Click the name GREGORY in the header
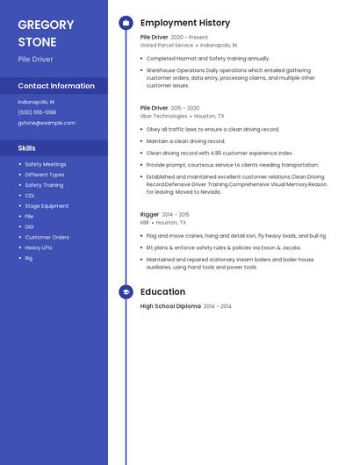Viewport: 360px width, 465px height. pos(46,24)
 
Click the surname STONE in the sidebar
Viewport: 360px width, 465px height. pos(37,42)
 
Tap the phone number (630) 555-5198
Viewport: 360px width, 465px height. pos(37,112)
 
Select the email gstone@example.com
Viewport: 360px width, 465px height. pos(47,123)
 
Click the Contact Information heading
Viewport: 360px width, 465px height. pos(56,86)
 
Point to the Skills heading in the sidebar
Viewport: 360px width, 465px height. pos(26,148)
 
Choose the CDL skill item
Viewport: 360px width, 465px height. pos(30,196)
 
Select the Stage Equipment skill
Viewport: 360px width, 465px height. pos(47,206)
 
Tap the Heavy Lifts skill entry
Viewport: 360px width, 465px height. pos(39,247)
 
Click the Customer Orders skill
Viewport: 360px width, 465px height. pos(47,237)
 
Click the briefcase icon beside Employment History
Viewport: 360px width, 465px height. pos(126,23)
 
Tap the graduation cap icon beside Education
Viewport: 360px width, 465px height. pos(126,292)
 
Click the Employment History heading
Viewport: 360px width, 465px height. pos(185,23)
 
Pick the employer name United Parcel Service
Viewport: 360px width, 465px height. pos(167,45)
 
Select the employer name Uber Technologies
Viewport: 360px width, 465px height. pos(164,116)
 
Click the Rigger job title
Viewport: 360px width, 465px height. pos(149,214)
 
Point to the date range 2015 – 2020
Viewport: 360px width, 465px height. pos(185,108)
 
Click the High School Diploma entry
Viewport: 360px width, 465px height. pos(170,306)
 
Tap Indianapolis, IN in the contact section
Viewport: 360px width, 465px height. pos(36,102)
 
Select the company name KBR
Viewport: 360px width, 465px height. pos(145,223)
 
